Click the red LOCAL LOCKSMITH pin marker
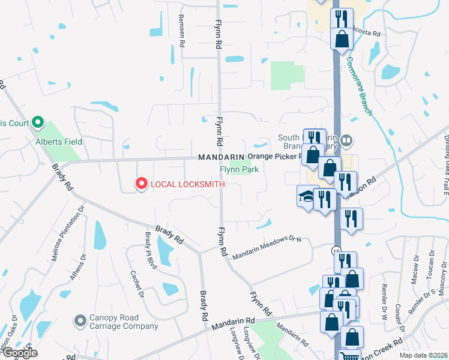click(x=142, y=184)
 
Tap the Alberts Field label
click(x=59, y=142)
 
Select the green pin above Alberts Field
click(x=38, y=123)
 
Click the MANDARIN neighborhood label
click(x=221, y=157)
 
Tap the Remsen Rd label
click(x=180, y=26)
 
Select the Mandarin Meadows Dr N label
click(x=266, y=246)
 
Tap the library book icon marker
click(x=346, y=142)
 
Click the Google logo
click(x=19, y=353)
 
